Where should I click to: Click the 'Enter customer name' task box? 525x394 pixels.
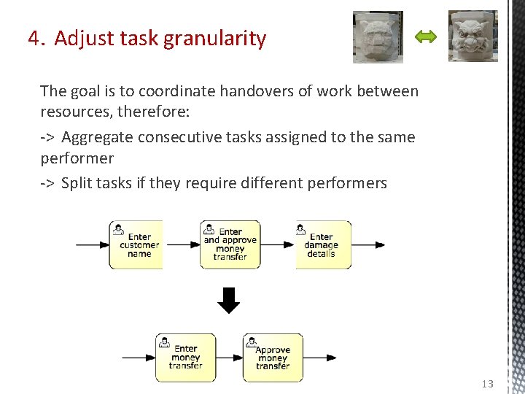(136, 245)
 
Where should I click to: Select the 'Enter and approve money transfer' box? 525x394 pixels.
(230, 245)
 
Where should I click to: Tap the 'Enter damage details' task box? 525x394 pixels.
(323, 245)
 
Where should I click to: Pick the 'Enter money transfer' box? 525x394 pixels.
(186, 358)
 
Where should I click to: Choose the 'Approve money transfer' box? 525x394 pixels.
(273, 358)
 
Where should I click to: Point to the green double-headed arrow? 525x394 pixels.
(425, 36)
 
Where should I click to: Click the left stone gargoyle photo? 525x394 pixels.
(378, 36)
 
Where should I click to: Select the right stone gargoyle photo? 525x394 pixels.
(472, 36)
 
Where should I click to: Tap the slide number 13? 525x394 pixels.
(488, 384)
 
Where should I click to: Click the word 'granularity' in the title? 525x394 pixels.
(215, 38)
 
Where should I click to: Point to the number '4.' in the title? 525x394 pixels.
(36, 38)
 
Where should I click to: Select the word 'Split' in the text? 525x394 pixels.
(77, 182)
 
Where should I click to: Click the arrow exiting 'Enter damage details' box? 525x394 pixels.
(368, 245)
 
